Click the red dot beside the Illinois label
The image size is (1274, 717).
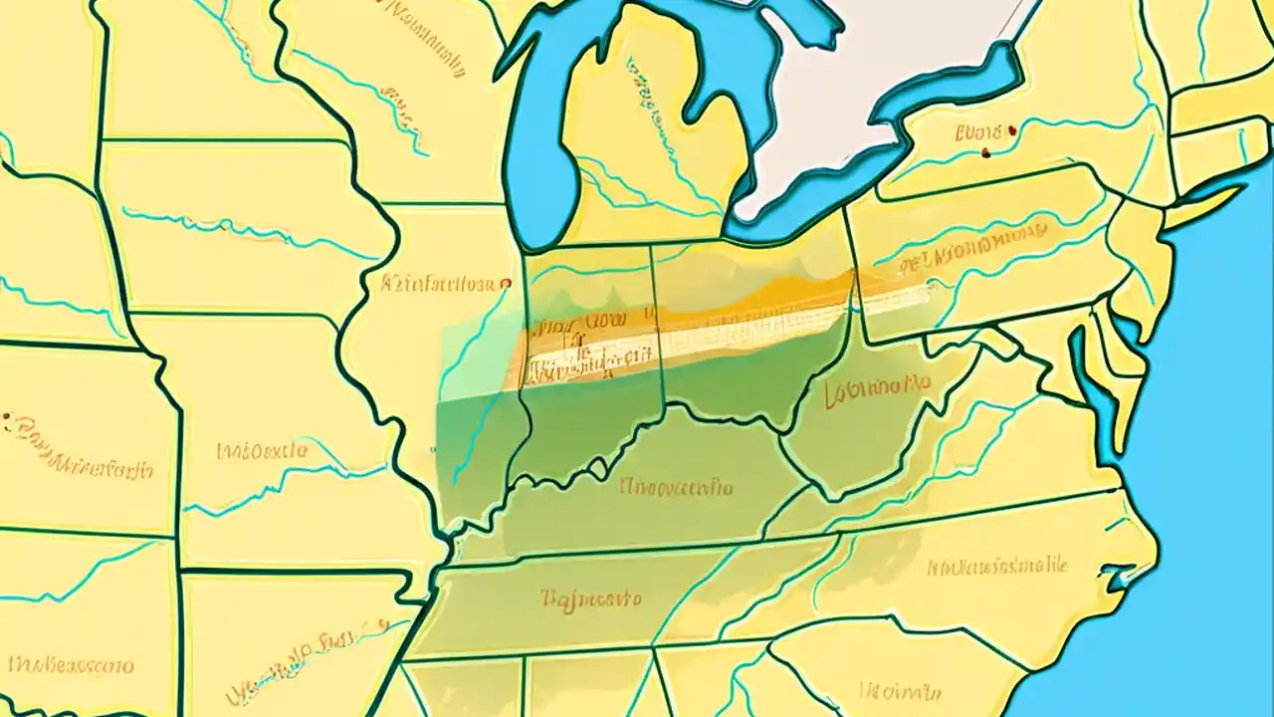tap(506, 284)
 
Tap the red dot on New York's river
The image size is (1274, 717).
tap(984, 152)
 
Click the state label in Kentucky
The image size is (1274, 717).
tap(676, 488)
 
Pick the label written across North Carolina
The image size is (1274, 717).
tap(997, 567)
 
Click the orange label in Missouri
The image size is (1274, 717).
tap(262, 451)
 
